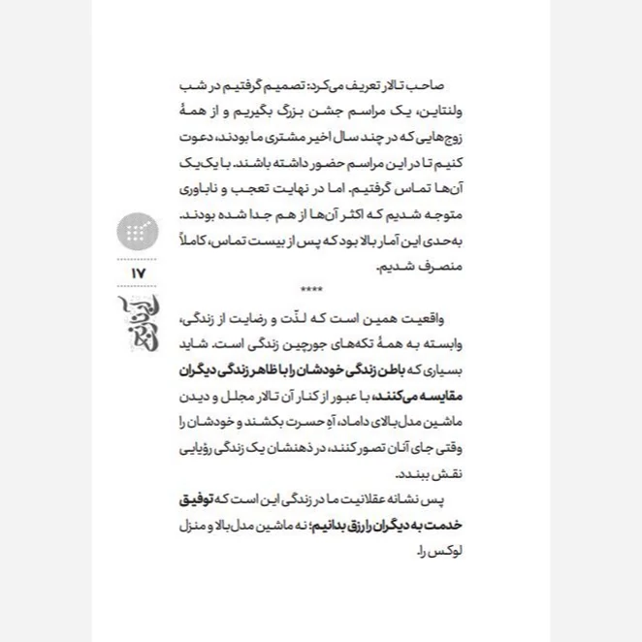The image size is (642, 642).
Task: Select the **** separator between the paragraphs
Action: (x=312, y=289)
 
